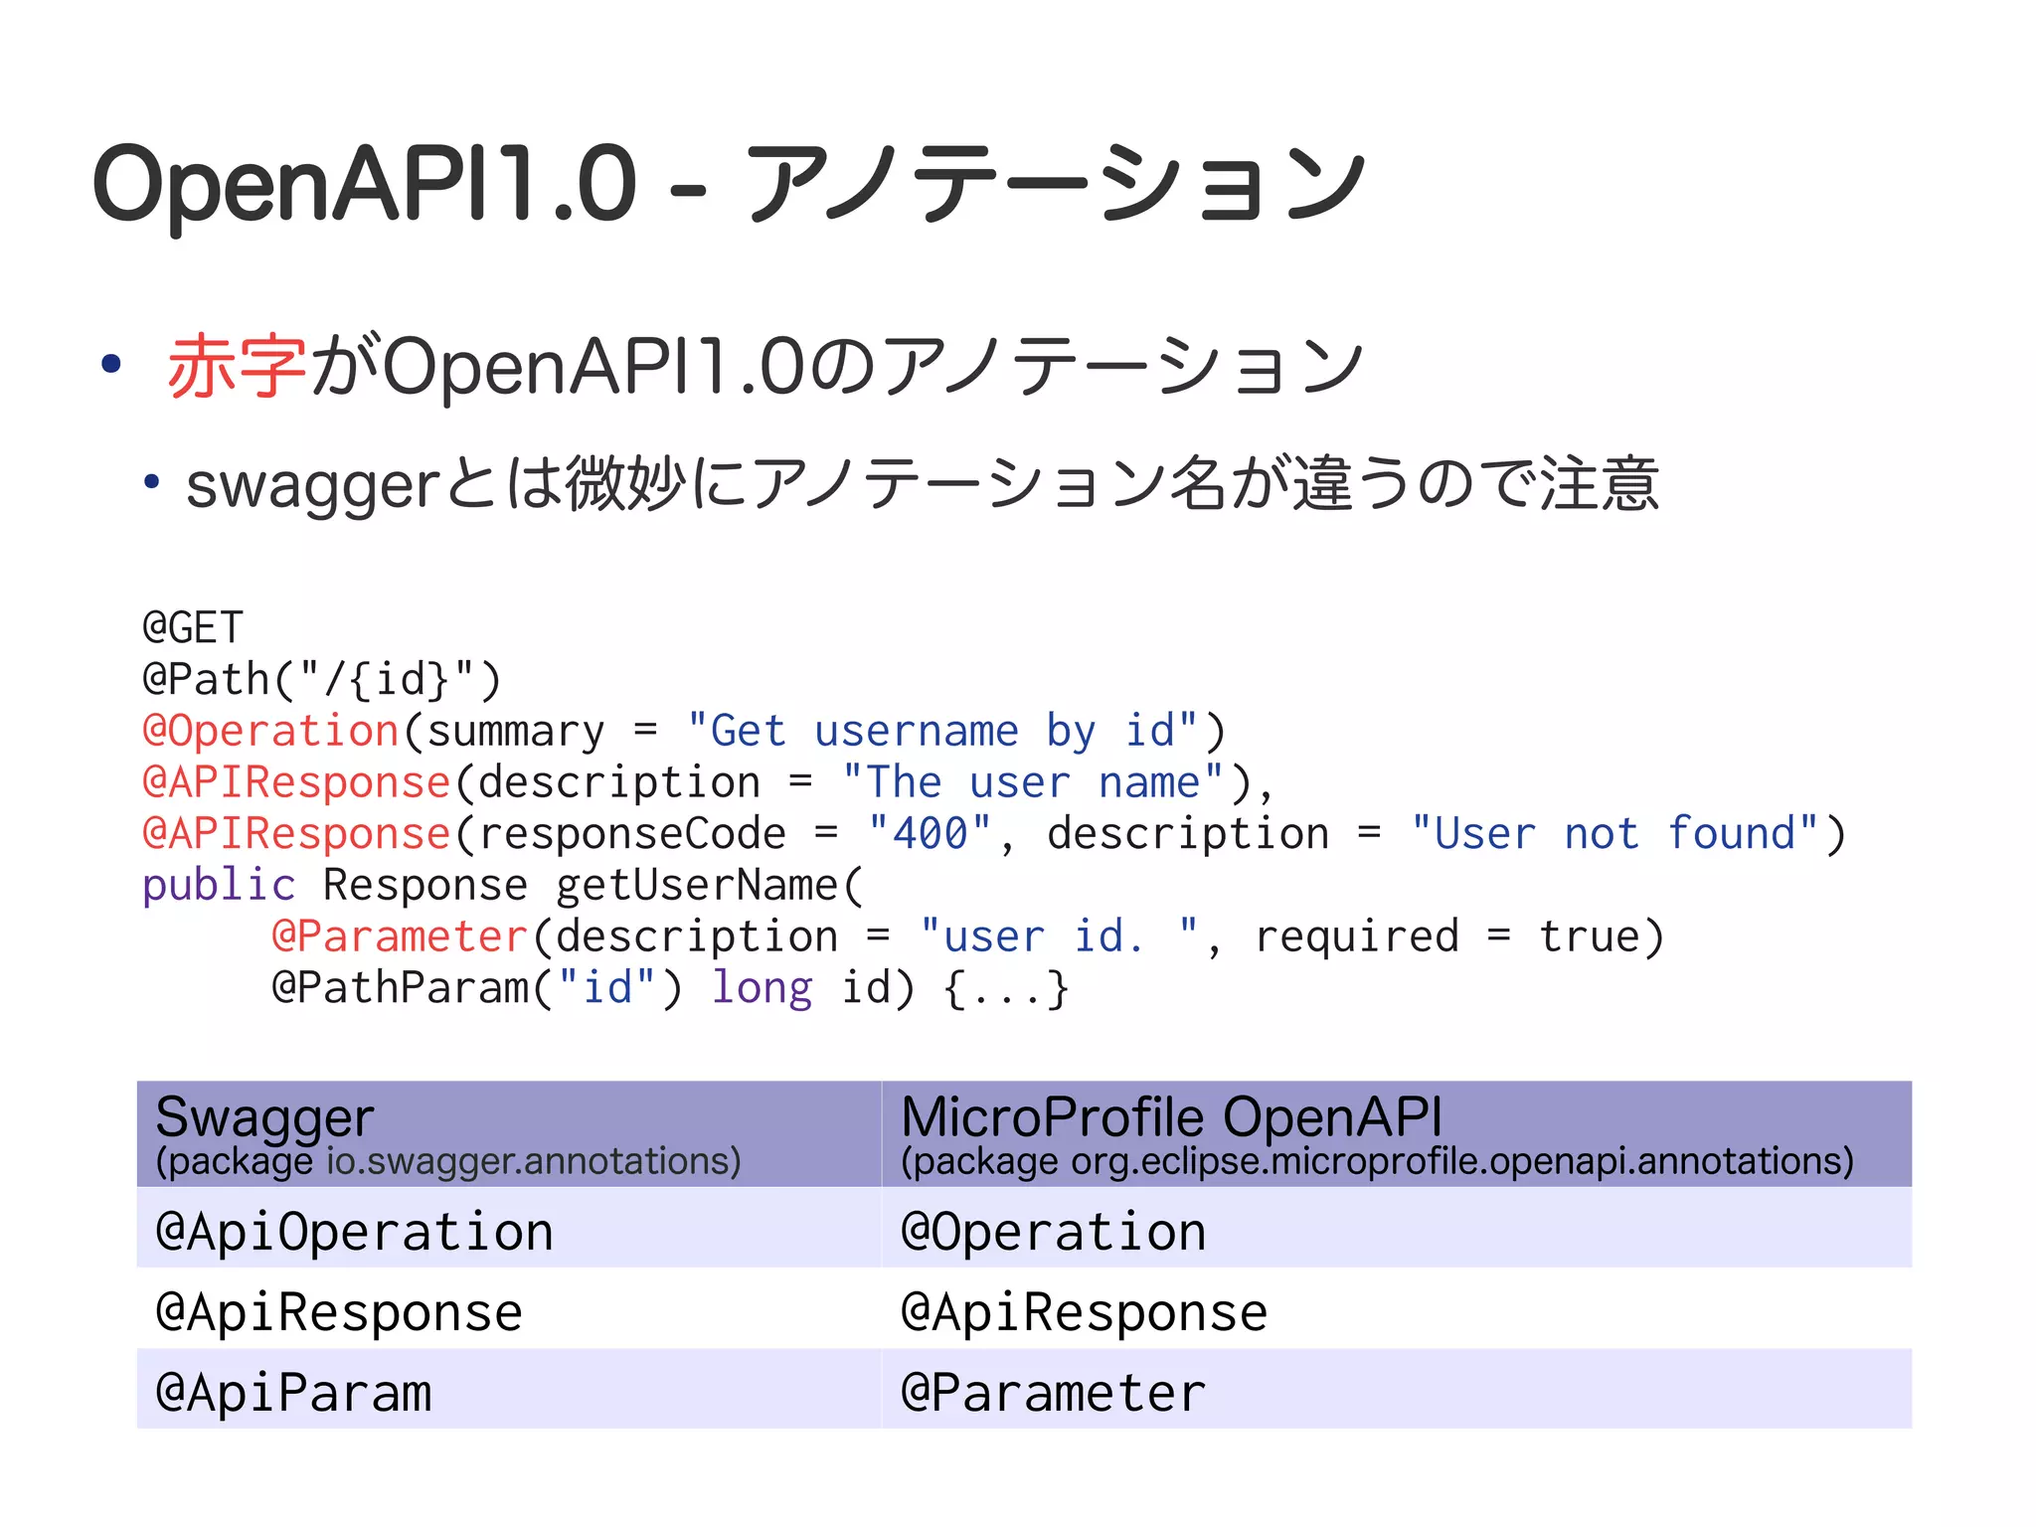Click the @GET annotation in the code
tap(193, 628)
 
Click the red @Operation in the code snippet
tap(270, 732)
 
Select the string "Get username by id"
tap(941, 732)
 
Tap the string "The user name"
tap(1032, 782)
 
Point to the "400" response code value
tap(930, 834)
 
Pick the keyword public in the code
tap(219, 886)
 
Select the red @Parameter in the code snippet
tap(399, 937)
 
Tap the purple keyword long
tap(762, 988)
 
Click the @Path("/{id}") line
tap(321, 680)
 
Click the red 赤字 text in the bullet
tap(237, 367)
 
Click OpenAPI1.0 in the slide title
tap(364, 184)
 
